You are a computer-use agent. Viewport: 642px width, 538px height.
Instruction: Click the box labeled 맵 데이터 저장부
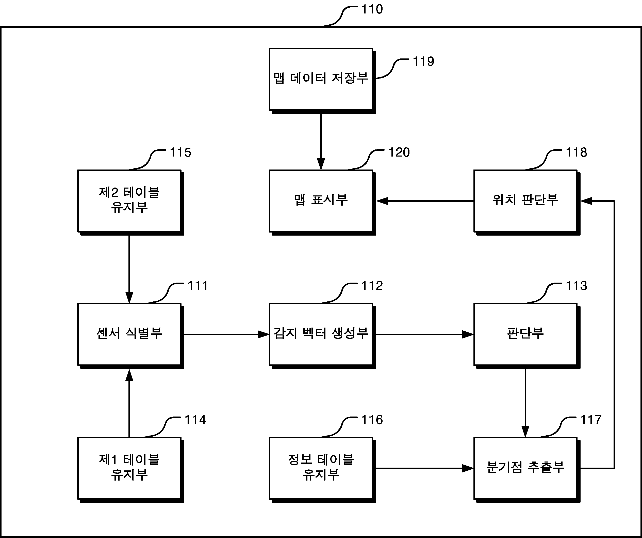[x=322, y=81]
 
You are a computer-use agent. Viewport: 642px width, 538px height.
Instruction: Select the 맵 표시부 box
[x=322, y=203]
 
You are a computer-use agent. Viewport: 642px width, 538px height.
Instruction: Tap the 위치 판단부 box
[x=527, y=203]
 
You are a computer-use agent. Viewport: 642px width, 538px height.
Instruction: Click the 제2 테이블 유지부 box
[x=130, y=203]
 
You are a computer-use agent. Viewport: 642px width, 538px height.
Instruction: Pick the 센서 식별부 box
[x=130, y=336]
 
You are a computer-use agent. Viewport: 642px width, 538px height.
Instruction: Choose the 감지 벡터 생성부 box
[x=322, y=336]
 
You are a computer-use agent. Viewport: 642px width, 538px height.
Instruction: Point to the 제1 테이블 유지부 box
[x=130, y=470]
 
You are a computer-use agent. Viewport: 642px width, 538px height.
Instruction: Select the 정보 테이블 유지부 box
[x=322, y=470]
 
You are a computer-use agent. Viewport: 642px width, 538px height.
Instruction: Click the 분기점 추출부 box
[x=527, y=470]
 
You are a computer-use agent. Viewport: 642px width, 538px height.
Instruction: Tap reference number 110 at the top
[x=372, y=9]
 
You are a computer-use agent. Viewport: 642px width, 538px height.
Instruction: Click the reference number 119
[x=423, y=62]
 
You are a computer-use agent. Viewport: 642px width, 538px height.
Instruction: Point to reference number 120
[x=399, y=152]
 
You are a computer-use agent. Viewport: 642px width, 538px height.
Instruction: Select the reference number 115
[x=180, y=152]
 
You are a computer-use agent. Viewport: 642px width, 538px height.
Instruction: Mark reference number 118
[x=577, y=152]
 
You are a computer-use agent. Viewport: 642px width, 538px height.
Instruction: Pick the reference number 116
[x=372, y=420]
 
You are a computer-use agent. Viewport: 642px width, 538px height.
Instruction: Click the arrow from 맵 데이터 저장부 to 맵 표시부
[x=321, y=142]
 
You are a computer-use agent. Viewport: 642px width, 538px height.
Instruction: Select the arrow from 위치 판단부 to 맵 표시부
[x=425, y=201]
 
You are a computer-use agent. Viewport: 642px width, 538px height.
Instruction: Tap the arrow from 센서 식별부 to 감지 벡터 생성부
[x=226, y=334]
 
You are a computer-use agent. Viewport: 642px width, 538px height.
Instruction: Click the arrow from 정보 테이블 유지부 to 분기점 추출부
[x=425, y=468]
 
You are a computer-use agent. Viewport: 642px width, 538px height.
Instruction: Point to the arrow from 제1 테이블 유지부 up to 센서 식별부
[x=129, y=403]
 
